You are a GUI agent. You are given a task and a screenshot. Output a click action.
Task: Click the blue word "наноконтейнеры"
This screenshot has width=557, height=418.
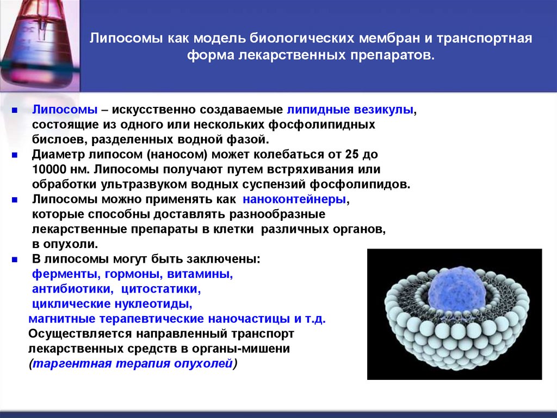coord(294,199)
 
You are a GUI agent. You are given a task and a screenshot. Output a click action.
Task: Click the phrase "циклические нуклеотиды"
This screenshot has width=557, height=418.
coord(111,304)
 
